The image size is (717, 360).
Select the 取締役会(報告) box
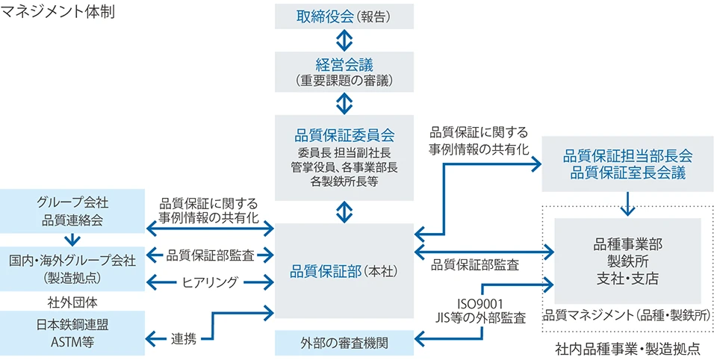coord(344,15)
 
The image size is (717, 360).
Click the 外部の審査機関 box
coord(344,344)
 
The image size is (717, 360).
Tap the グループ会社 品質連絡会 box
coord(72,211)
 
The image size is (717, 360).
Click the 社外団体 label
coord(72,302)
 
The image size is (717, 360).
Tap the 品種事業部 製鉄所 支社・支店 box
coord(627,261)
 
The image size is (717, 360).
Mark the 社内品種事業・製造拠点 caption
coord(627,348)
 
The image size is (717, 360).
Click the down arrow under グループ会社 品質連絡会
coord(72,239)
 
